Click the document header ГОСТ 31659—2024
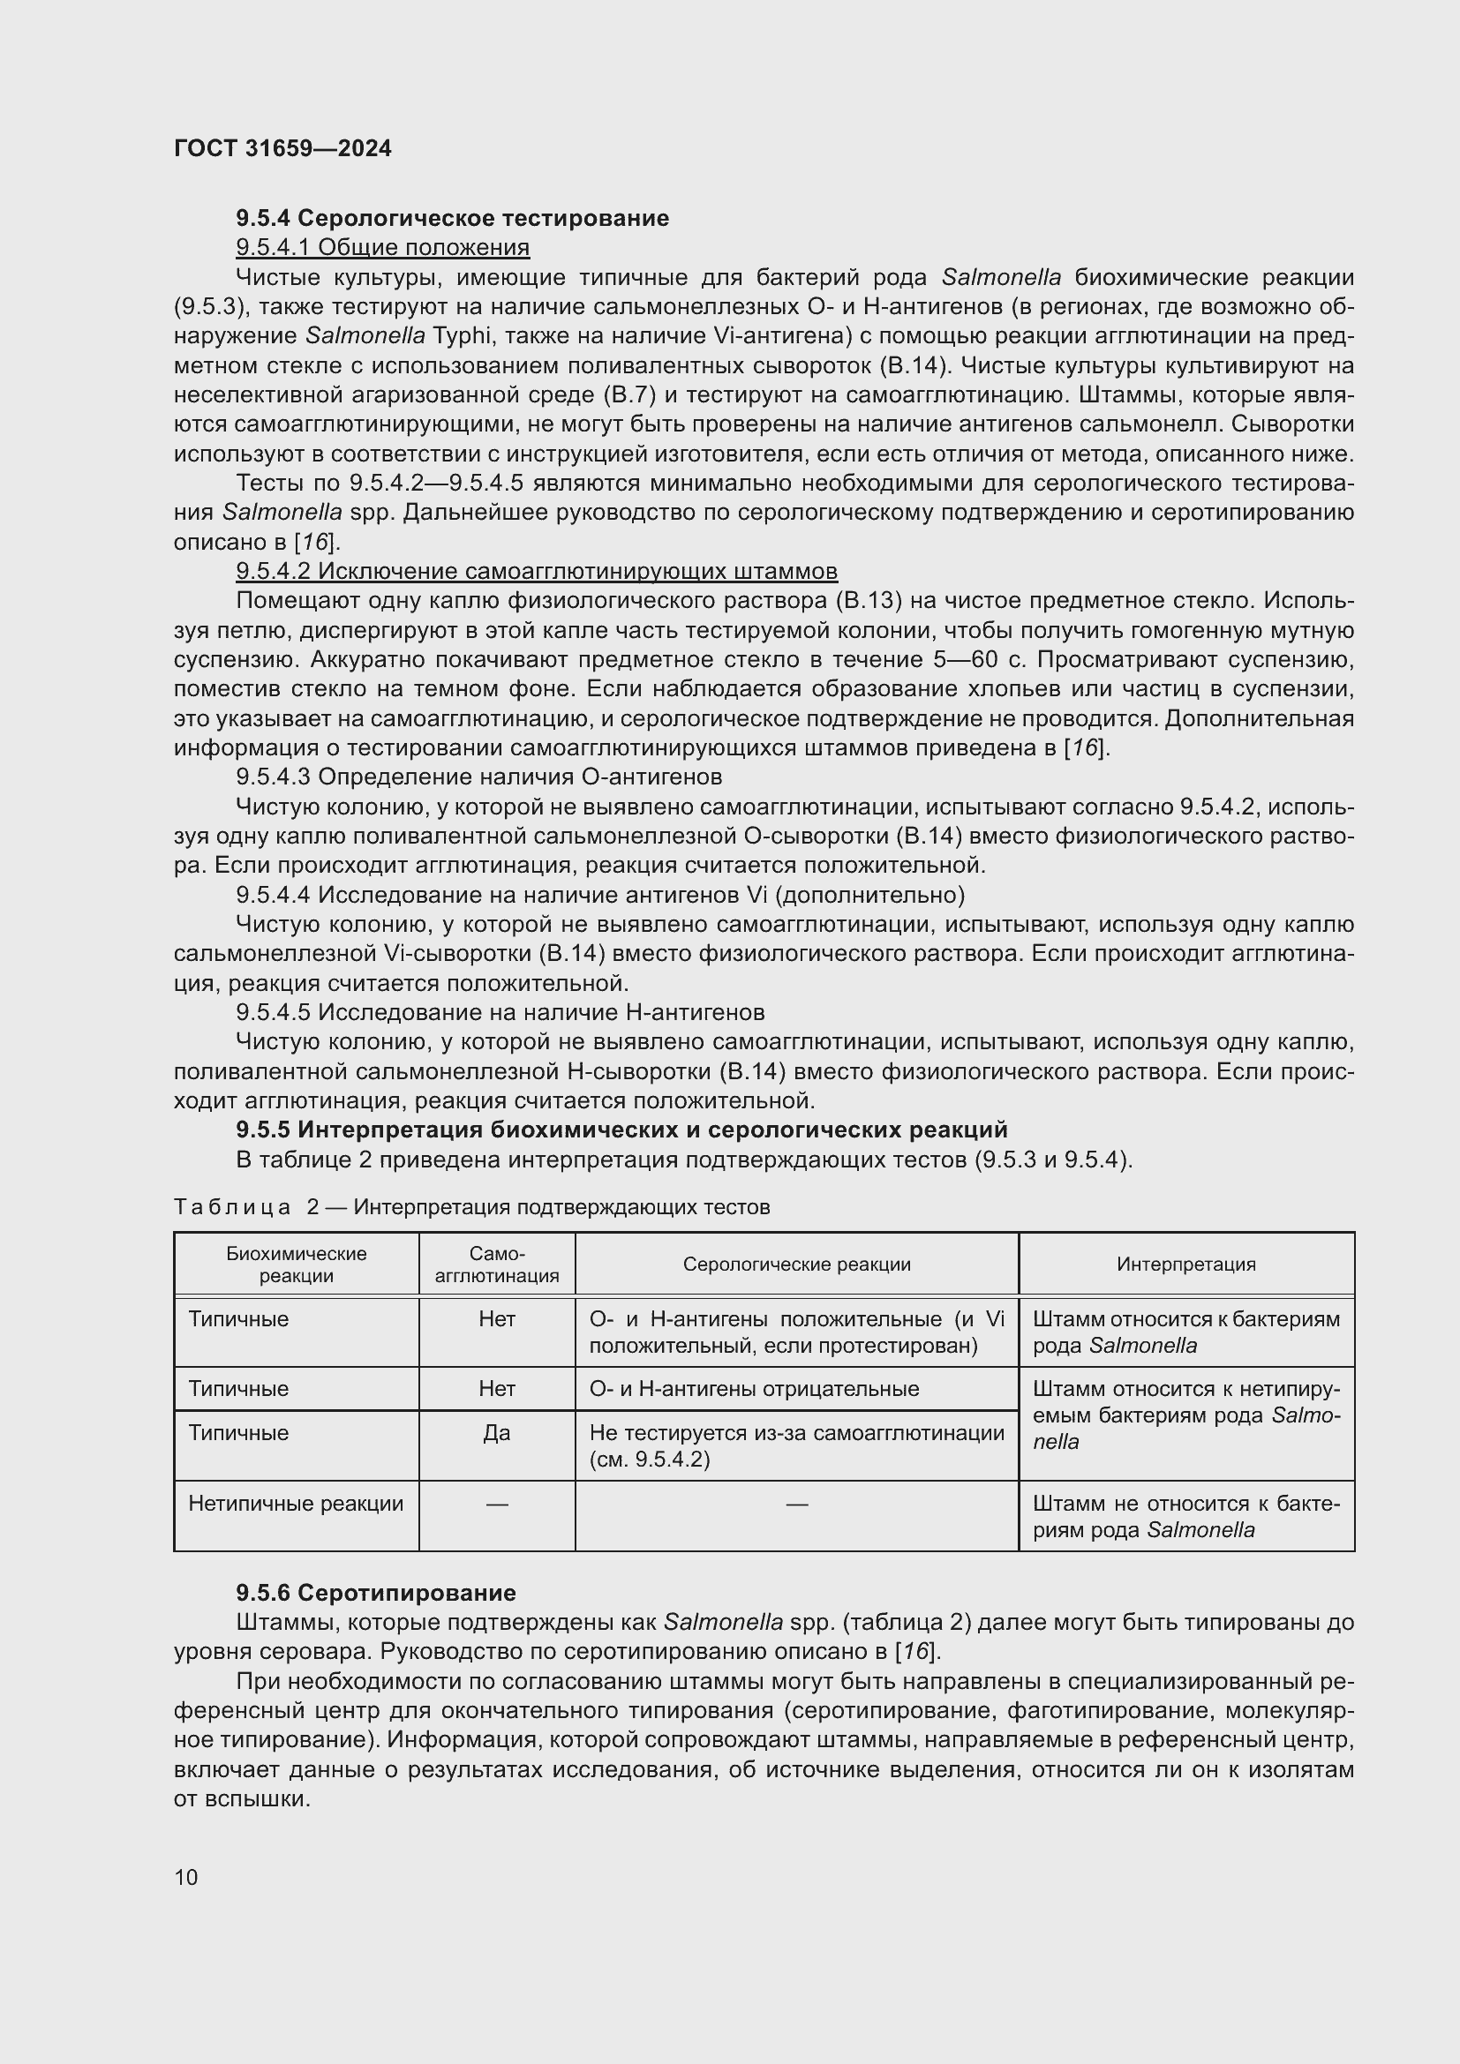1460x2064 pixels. click(x=282, y=148)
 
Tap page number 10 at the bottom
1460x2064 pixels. click(x=186, y=1877)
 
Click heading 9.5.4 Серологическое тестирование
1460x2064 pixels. click(x=452, y=218)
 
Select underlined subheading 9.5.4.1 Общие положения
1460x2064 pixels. click(x=382, y=247)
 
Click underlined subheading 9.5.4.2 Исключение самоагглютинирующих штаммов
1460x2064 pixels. click(x=536, y=572)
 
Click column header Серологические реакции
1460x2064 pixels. click(x=796, y=1264)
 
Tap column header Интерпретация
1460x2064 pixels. click(x=1185, y=1264)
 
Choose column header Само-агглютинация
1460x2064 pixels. click(x=496, y=1264)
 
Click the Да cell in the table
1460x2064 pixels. click(x=496, y=1432)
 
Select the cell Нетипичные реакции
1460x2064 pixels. click(x=296, y=1503)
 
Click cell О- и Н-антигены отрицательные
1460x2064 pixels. click(x=753, y=1388)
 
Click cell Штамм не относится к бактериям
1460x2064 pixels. click(x=1185, y=1516)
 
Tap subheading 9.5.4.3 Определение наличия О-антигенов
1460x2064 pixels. click(x=478, y=777)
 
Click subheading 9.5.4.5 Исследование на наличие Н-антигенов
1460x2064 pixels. click(x=500, y=1012)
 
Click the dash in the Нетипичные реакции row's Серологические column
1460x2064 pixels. click(x=796, y=1503)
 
